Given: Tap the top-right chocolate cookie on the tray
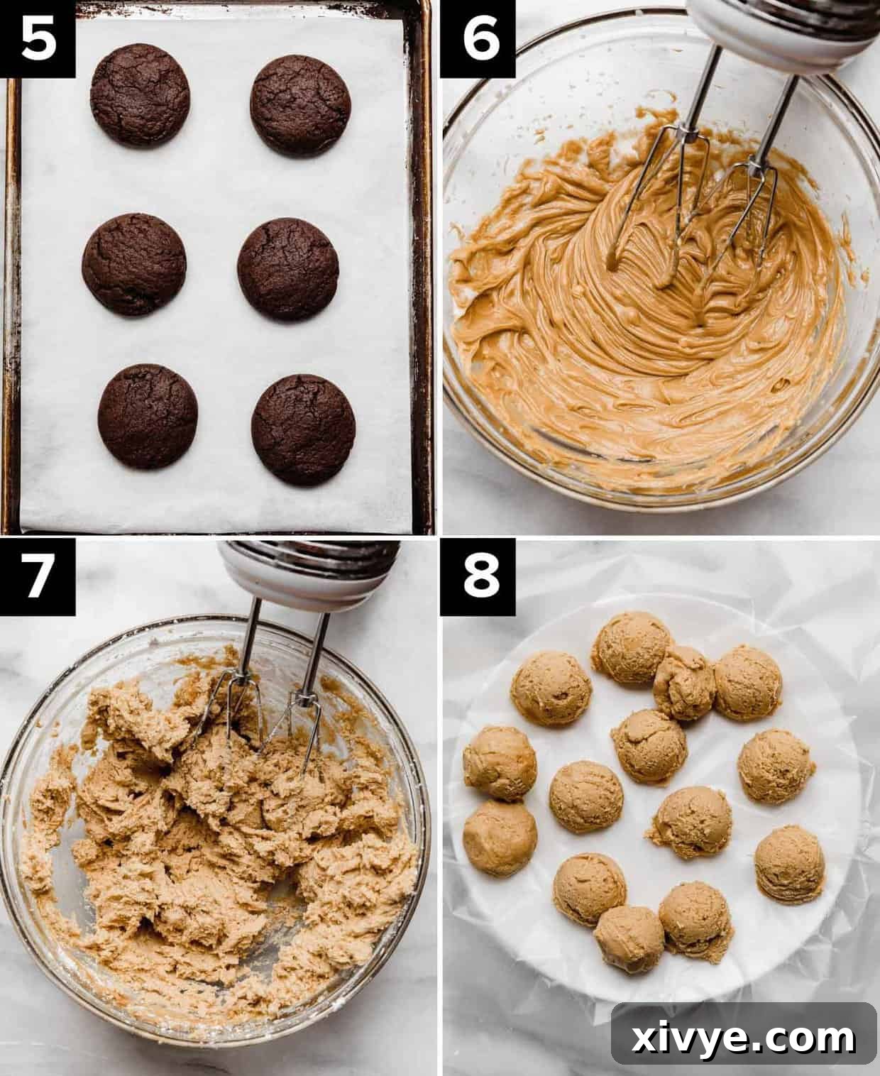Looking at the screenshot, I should point(300,105).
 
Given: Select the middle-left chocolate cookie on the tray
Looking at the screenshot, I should point(134,264).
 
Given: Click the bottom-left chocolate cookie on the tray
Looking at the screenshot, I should point(148,416).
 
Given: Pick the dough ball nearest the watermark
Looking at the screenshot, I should point(789,862).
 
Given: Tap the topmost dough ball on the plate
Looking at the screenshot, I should point(630,648).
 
